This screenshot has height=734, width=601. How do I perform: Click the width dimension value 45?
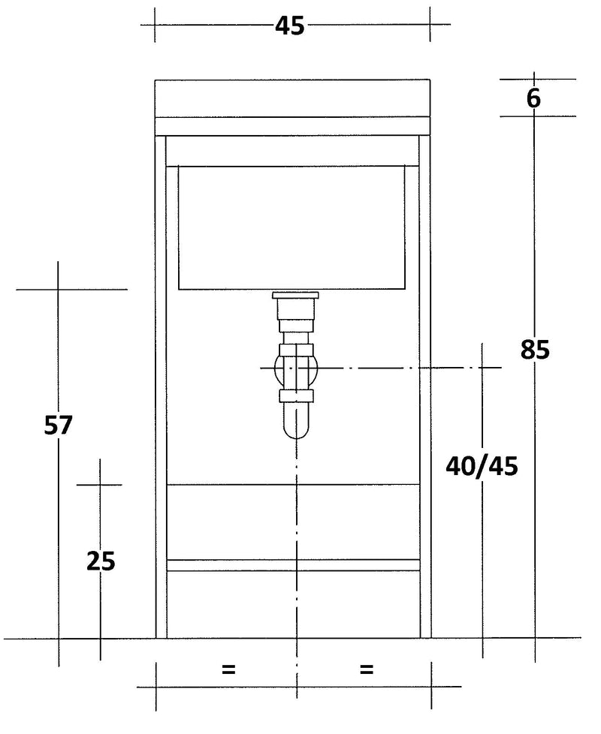click(x=289, y=25)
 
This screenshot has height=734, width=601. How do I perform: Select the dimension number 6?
click(x=533, y=98)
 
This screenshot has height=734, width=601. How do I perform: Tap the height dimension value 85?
click(x=535, y=349)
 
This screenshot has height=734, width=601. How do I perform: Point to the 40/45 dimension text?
click(x=482, y=466)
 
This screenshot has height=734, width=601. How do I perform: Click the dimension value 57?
click(x=58, y=426)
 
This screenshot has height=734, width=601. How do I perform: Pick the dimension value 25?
click(x=100, y=561)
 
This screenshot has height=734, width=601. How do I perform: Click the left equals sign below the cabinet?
click(x=228, y=669)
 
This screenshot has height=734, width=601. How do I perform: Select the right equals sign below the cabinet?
click(x=367, y=669)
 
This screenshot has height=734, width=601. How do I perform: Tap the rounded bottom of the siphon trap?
click(x=297, y=430)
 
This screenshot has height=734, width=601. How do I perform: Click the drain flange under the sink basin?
click(x=297, y=295)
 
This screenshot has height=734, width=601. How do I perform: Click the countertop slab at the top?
click(x=292, y=98)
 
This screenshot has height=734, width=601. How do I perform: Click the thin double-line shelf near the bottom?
click(x=292, y=565)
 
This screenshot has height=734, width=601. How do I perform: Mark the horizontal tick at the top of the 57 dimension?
click(x=71, y=289)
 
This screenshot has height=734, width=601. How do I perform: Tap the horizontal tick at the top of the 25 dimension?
click(x=99, y=485)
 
